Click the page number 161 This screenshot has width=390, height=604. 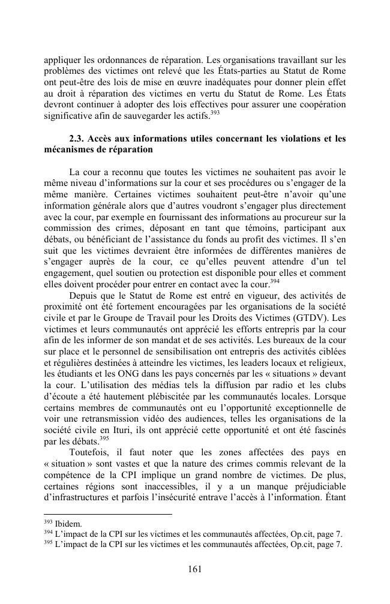[x=194, y=569]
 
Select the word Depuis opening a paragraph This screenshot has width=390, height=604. [x=85, y=295]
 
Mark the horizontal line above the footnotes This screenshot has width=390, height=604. [x=108, y=514]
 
